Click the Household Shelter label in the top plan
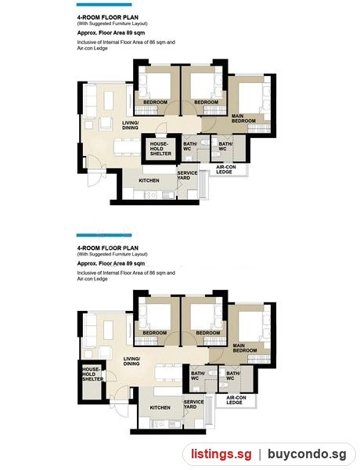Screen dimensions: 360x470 click(x=161, y=149)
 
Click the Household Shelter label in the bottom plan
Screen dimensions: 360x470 click(x=93, y=374)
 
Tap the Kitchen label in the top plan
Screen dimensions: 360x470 click(x=149, y=181)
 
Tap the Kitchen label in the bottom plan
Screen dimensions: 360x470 click(x=160, y=407)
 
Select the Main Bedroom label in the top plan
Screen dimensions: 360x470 click(x=243, y=118)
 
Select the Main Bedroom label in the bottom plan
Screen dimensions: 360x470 click(x=245, y=348)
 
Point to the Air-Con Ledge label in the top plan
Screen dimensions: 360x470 click(x=226, y=169)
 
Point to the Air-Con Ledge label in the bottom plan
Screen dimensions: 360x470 click(x=236, y=400)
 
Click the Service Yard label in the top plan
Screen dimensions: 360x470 click(x=187, y=175)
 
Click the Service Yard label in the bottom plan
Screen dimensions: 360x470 click(x=194, y=404)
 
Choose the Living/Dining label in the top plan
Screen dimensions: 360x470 click(x=130, y=125)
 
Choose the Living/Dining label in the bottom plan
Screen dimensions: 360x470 click(x=131, y=361)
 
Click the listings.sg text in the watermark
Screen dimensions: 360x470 click(x=221, y=454)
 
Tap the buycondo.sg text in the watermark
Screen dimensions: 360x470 click(x=307, y=454)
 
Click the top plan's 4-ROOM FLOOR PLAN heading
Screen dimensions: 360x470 click(x=108, y=17)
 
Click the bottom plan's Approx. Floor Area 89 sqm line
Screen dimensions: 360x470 click(x=111, y=263)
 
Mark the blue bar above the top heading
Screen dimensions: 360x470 click(x=104, y=5)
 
